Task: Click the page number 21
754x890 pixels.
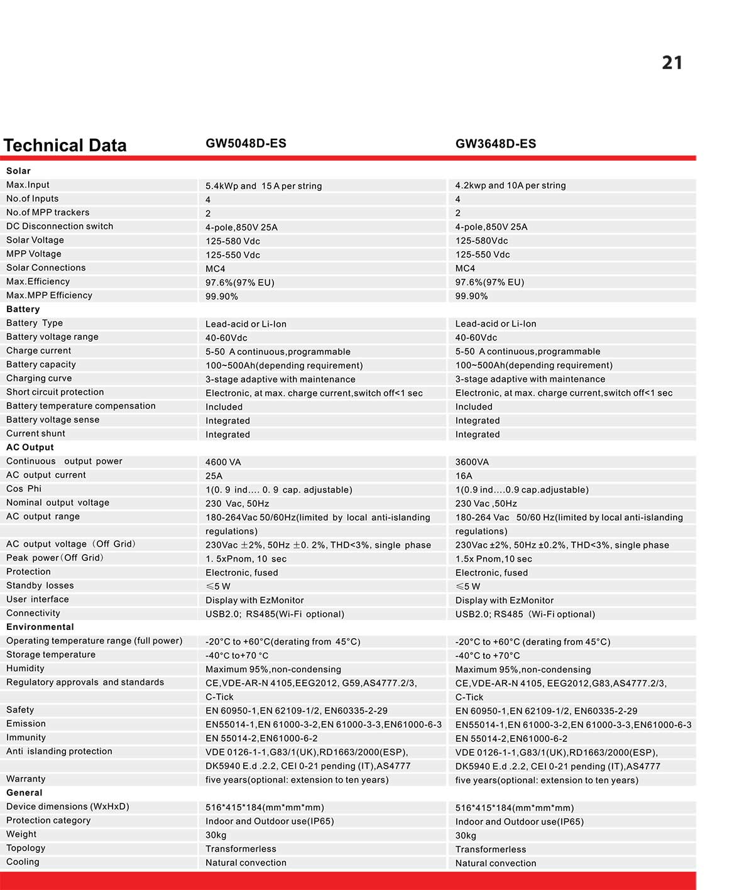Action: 672,63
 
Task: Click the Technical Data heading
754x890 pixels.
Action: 65,145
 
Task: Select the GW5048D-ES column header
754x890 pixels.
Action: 246,143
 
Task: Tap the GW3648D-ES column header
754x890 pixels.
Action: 495,144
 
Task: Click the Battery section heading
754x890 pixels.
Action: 23,309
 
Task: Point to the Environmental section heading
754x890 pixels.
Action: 40,627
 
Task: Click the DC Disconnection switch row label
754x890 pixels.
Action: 60,226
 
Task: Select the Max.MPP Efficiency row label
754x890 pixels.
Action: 49,295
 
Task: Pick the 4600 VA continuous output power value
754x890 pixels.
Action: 223,462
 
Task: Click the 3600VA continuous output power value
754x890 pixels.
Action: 472,462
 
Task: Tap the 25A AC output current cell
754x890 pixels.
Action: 214,476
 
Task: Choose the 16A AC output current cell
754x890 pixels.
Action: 464,476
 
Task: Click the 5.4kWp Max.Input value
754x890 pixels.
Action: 263,186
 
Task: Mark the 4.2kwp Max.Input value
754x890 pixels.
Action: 510,185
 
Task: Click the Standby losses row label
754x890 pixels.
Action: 40,585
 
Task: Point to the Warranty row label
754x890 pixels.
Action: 26,779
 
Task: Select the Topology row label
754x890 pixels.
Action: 26,848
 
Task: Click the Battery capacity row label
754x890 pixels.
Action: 41,364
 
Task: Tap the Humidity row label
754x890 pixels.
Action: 25,668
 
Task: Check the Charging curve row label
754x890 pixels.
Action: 39,378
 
